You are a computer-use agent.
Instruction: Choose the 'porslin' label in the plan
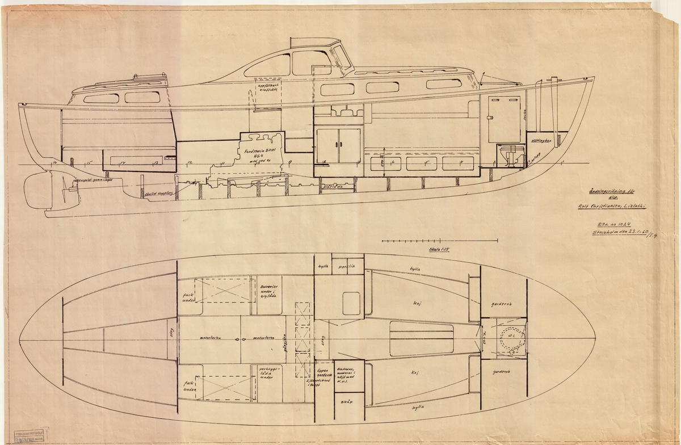click(x=347, y=266)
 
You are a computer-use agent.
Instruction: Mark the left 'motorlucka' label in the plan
click(x=210, y=337)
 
